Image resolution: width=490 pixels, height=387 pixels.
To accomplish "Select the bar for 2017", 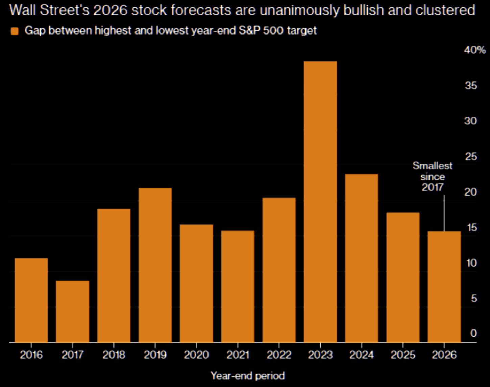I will point(72,311).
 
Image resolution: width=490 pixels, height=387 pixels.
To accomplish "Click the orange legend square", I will point(15,31).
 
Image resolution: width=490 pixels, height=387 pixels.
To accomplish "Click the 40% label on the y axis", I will point(474,50).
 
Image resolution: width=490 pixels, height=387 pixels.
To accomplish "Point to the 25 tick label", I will point(470,156).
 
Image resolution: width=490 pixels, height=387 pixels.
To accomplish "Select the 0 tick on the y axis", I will point(473,333).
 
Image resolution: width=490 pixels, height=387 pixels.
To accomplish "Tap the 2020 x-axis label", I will point(196,355).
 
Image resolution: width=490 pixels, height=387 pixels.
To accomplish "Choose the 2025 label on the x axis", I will point(403,355).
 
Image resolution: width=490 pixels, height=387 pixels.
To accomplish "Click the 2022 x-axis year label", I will point(279,355).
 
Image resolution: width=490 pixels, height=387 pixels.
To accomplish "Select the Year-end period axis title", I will point(247,375).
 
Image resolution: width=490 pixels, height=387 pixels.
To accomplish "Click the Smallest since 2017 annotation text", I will point(433,176).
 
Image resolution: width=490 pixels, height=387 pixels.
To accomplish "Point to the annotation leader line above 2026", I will point(444,213).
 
